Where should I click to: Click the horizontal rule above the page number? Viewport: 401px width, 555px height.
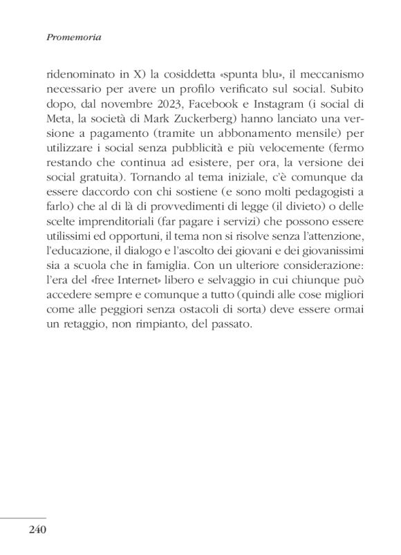pyautogui.click(x=24, y=517)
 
